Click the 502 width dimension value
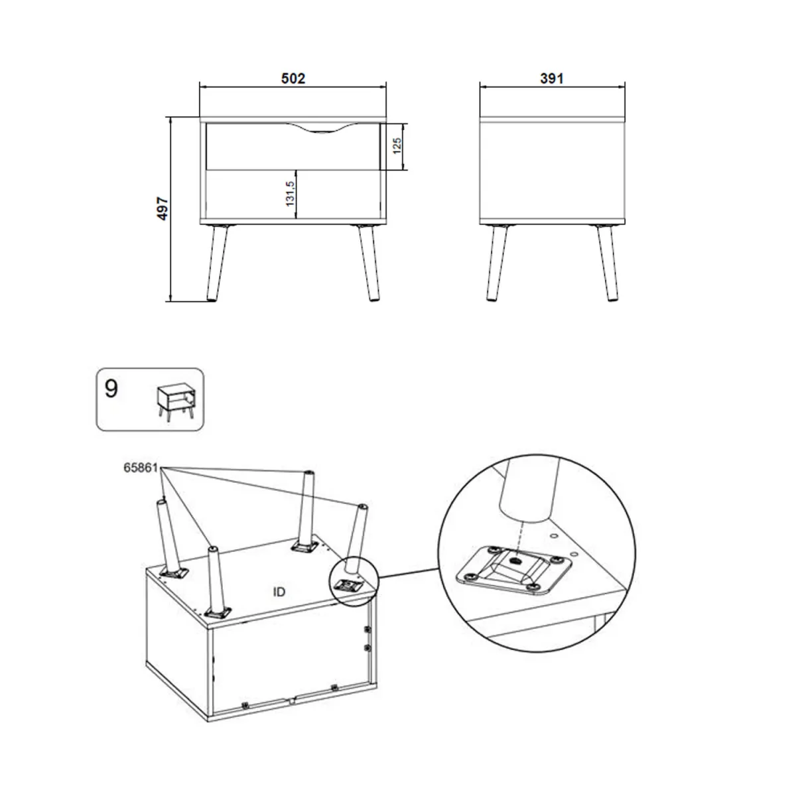pyautogui.click(x=293, y=78)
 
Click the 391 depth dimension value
pyautogui.click(x=552, y=78)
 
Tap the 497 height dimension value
pyautogui.click(x=164, y=208)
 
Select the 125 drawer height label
pyautogui.click(x=397, y=146)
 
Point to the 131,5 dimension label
pyautogui.click(x=290, y=194)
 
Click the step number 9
pyautogui.click(x=111, y=389)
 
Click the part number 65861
pyautogui.click(x=141, y=468)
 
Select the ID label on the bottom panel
pyautogui.click(x=279, y=592)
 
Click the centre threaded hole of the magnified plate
pyautogui.click(x=515, y=561)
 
